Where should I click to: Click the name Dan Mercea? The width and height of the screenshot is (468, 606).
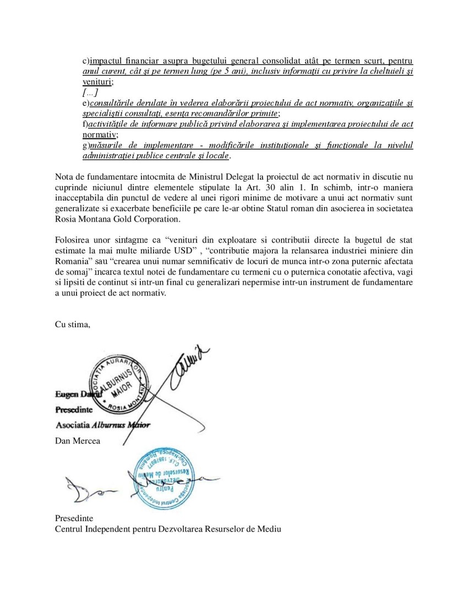coord(78,441)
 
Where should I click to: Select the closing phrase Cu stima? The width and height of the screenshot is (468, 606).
coord(73,324)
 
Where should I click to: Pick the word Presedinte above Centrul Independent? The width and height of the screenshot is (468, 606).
coord(74,518)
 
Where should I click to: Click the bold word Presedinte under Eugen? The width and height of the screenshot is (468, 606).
coord(74,410)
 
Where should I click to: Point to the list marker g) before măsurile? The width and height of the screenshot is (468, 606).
coord(86,145)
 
